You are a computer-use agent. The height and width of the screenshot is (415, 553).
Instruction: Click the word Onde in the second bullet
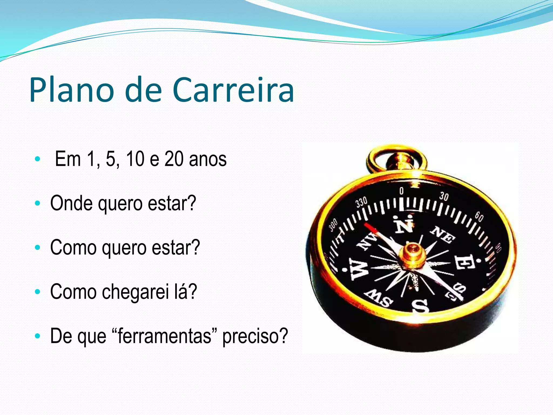pyautogui.click(x=71, y=203)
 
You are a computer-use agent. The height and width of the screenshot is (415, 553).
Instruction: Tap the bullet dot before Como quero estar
pyautogui.click(x=38, y=247)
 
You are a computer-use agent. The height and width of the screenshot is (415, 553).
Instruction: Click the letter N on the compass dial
pyautogui.click(x=404, y=224)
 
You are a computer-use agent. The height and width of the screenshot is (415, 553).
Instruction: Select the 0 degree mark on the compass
pyautogui.click(x=402, y=191)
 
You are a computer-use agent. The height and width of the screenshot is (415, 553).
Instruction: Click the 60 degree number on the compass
pyautogui.click(x=479, y=217)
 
